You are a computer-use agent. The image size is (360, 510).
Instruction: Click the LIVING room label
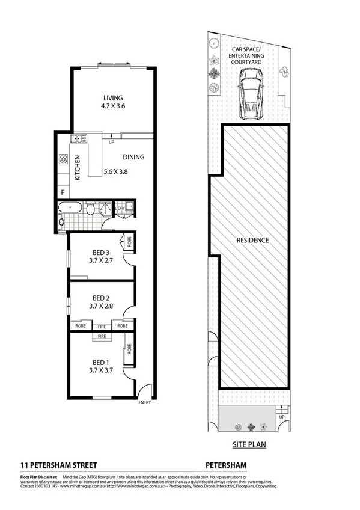tap(112, 98)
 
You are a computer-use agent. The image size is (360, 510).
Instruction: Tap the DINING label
tap(133, 158)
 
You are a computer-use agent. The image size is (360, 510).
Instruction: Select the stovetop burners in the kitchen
tap(63, 160)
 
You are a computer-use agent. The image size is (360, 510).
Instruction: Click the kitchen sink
tap(76, 140)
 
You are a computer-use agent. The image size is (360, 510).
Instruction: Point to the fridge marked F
tap(62, 193)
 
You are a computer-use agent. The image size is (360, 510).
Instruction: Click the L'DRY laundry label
tap(121, 208)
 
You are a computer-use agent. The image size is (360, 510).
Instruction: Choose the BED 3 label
tap(100, 252)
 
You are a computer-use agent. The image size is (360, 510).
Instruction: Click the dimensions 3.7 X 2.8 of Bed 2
tap(100, 306)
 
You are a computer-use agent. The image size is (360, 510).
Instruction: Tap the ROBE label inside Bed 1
tap(129, 349)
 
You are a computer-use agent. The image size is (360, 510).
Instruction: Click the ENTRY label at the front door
tap(145, 402)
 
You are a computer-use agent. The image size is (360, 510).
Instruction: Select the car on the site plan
tap(249, 93)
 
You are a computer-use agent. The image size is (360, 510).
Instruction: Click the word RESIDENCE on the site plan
tap(252, 240)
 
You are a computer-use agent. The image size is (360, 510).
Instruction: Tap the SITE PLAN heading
tap(249, 446)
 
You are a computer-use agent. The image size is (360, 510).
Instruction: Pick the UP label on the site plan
tap(281, 417)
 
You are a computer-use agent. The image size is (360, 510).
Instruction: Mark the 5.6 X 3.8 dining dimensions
tap(116, 170)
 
